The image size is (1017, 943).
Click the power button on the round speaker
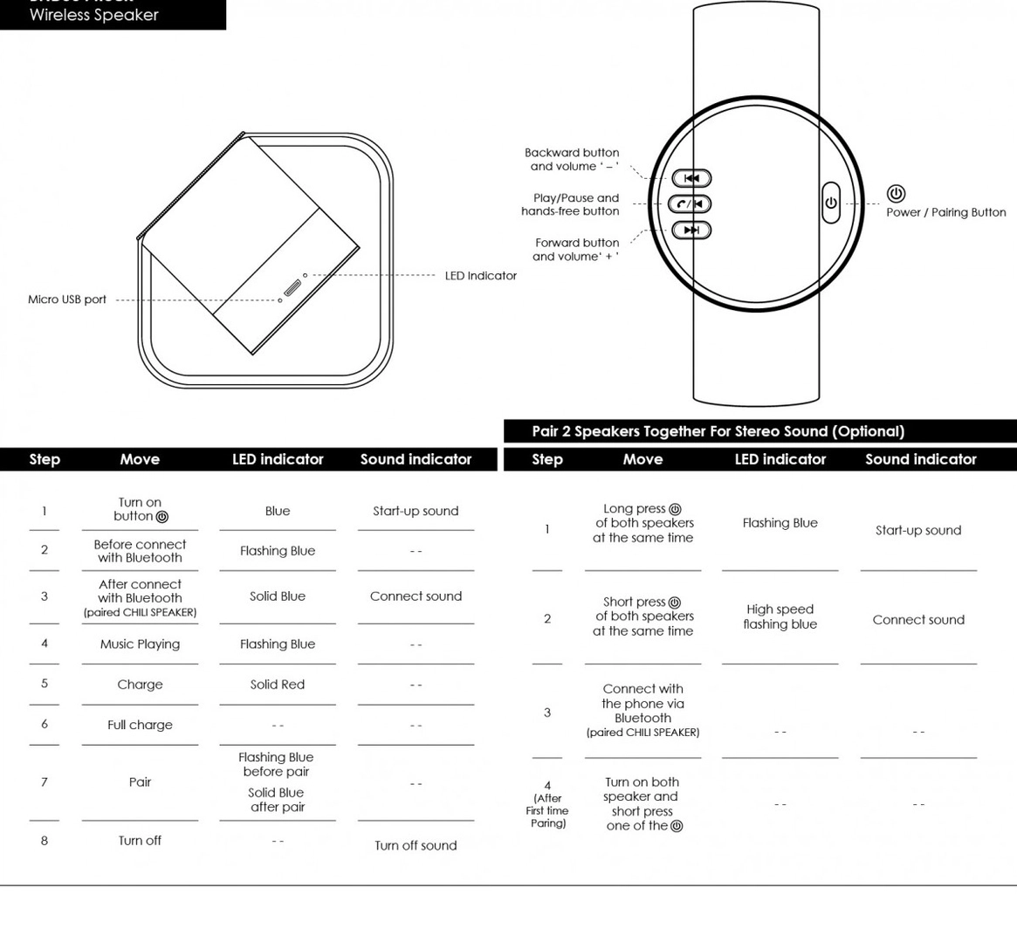pyautogui.click(x=830, y=203)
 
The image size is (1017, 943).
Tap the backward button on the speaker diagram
pyautogui.click(x=691, y=178)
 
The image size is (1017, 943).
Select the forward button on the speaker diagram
pyautogui.click(x=691, y=230)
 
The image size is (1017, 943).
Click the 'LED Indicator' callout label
pyautogui.click(x=480, y=276)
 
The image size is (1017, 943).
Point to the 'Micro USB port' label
pyautogui.click(x=67, y=299)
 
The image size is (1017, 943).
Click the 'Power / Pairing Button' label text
pyautogui.click(x=945, y=212)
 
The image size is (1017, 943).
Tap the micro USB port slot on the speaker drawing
pyautogui.click(x=292, y=288)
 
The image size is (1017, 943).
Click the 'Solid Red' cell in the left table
pyautogui.click(x=278, y=685)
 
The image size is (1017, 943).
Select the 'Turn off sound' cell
pyautogui.click(x=416, y=845)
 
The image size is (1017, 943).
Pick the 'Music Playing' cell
pyautogui.click(x=140, y=644)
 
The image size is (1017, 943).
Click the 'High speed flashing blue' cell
pyautogui.click(x=780, y=616)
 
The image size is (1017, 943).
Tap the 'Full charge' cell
pyautogui.click(x=140, y=725)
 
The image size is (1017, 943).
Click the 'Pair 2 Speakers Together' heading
pyautogui.click(x=718, y=431)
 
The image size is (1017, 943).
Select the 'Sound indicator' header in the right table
pyautogui.click(x=920, y=459)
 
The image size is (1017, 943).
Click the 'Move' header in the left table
pyautogui.click(x=140, y=459)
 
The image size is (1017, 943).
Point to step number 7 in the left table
pyautogui.click(x=45, y=781)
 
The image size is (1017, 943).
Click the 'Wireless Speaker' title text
pyautogui.click(x=94, y=15)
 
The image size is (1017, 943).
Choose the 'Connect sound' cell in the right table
pyautogui.click(x=918, y=620)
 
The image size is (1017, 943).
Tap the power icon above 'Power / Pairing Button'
pyautogui.click(x=896, y=194)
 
